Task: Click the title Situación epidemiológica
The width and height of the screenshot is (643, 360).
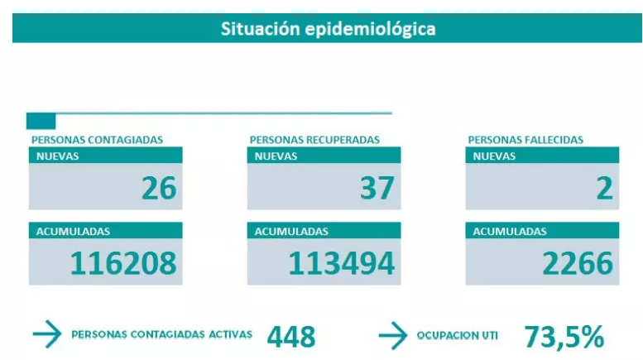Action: coord(328,29)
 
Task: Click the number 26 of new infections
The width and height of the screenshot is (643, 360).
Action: coord(159,189)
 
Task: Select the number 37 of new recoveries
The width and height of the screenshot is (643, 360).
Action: coord(377,189)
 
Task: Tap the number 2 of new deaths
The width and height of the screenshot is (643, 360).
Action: coord(604,189)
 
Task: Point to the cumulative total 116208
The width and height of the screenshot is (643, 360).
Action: coord(123,263)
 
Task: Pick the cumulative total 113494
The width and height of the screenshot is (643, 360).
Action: coord(341,263)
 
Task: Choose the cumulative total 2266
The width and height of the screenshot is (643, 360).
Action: coord(578,263)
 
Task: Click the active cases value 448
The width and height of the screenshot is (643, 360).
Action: coord(291,337)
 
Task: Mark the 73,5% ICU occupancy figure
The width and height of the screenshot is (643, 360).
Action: coord(564,337)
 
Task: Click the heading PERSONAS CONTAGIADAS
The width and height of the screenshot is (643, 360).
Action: coord(97,140)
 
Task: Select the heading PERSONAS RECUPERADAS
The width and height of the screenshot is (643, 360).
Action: coord(314,140)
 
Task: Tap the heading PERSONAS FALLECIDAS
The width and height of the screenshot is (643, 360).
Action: coord(525,140)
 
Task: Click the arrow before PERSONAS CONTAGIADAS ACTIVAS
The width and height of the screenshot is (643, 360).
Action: coord(47,335)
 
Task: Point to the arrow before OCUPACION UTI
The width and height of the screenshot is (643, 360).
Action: coord(393,335)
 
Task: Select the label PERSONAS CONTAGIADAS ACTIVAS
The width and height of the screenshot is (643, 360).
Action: coord(162,335)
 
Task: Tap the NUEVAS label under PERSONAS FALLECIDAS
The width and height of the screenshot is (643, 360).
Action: coord(494,156)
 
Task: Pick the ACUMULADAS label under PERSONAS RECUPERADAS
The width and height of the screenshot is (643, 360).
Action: coord(291,232)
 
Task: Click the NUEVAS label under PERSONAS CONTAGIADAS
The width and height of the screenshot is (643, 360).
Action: coord(57,156)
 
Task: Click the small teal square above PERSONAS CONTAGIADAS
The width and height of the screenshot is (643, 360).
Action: coord(41,121)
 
